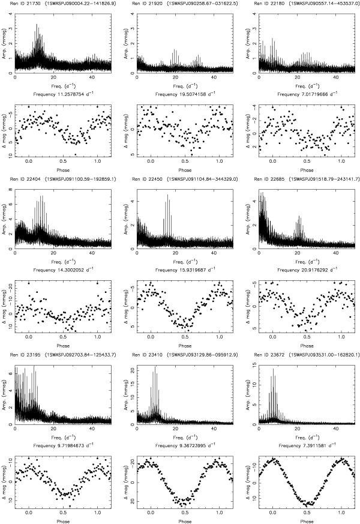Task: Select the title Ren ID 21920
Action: [x=151, y=4]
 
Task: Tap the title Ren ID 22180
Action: [x=271, y=4]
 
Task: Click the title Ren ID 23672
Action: [x=271, y=354]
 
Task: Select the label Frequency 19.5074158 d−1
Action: [x=184, y=94]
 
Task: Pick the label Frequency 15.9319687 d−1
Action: [x=184, y=269]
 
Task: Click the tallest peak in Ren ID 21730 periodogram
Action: [x=37, y=25]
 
